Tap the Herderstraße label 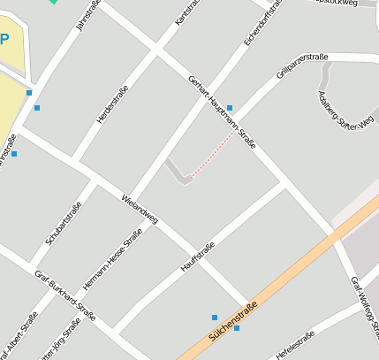[113, 103]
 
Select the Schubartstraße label [64, 223]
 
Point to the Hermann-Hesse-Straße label [112, 261]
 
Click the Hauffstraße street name [198, 255]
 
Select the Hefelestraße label [295, 345]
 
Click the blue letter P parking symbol [4, 39]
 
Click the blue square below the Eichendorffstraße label [230, 108]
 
